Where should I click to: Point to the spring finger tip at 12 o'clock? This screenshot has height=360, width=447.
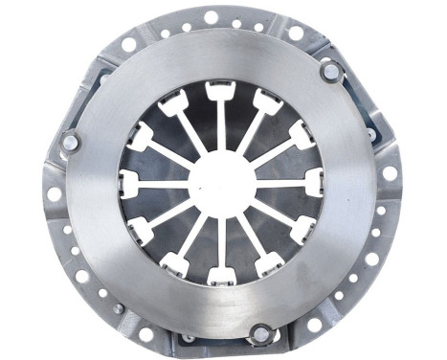tap(219, 92)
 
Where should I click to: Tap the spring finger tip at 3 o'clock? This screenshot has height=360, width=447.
tap(313, 180)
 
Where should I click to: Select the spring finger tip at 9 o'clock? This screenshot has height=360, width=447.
tap(129, 180)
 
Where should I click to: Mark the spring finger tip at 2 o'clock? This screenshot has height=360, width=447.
tap(301, 135)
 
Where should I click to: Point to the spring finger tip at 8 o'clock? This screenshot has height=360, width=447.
tap(140, 228)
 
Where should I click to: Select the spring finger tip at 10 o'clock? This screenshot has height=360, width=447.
tap(141, 135)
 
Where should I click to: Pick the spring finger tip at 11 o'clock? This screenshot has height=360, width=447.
tap(174, 101)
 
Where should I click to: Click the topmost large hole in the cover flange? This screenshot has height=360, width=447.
tap(210, 16)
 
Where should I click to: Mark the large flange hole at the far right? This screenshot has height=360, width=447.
tap(390, 173)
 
